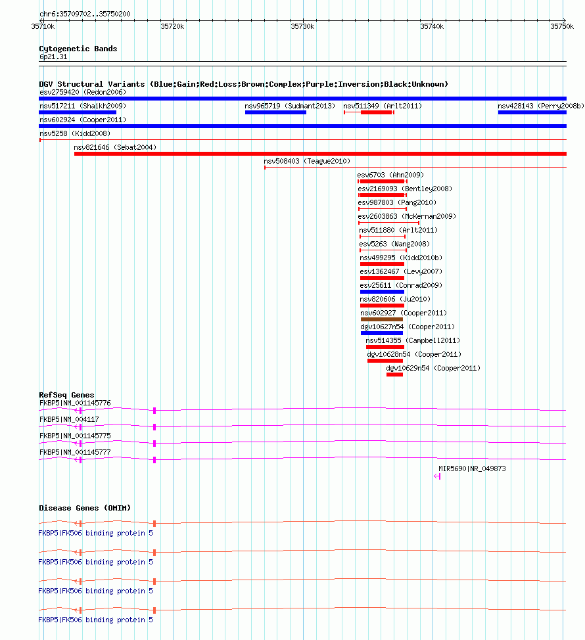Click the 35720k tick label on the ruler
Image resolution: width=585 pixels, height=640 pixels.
[x=172, y=26]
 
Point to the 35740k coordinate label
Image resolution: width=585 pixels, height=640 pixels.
[x=432, y=26]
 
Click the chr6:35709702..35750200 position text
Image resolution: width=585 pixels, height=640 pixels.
[x=85, y=13]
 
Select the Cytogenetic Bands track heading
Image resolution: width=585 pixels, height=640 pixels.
[x=78, y=49]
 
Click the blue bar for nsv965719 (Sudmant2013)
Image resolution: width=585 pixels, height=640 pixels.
[x=275, y=112]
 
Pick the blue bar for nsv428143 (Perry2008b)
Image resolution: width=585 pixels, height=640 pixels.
[x=532, y=112]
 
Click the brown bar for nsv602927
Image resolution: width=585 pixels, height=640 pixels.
[x=381, y=319]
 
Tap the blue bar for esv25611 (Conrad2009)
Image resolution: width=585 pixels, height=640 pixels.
[x=382, y=292]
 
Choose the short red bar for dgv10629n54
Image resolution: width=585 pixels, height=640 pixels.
[x=394, y=375]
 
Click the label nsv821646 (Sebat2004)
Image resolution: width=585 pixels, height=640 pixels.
[x=115, y=147]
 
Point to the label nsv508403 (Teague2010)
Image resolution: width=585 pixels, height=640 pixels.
[x=307, y=161]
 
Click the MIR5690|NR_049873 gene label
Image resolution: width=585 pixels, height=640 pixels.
[x=472, y=469]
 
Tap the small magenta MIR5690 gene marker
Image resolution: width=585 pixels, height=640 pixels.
[x=437, y=476]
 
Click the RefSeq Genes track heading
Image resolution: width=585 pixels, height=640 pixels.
[x=66, y=395]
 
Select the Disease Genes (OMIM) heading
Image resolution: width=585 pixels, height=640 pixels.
[x=85, y=508]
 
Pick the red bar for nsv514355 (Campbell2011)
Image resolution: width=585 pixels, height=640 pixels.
[x=385, y=347]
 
